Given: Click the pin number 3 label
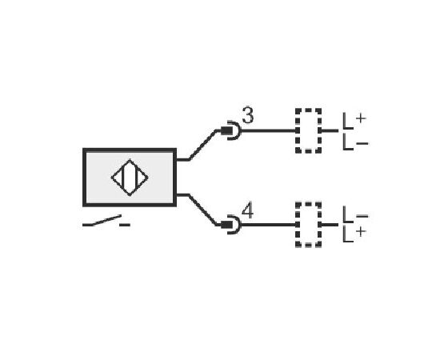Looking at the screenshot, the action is coord(248,115).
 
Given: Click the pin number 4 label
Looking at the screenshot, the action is coord(247,211).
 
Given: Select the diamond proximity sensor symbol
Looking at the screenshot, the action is coord(130,178).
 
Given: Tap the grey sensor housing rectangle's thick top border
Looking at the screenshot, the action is coord(130,150).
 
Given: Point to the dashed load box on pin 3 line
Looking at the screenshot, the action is coord(308,110).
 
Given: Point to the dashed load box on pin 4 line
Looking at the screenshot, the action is coord(308,204).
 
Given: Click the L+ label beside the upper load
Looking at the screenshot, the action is coord(354,122).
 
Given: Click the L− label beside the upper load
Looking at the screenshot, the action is coord(355,142).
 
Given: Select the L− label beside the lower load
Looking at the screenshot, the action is coord(355,214).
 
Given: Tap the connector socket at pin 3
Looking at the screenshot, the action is coord(231,130).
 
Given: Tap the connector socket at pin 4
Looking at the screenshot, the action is coord(231,225).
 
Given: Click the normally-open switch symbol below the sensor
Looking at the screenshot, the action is coord(106,222).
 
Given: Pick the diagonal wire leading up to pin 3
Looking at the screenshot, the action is coord(202,145).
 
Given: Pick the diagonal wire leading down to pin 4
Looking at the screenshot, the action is coord(202,210).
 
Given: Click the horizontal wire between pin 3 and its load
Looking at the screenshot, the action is coord(269,130).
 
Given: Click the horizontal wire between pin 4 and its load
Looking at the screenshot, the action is coord(269,225).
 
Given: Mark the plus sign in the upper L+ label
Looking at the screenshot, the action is coord(361,118).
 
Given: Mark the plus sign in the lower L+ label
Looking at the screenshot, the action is coord(361,231).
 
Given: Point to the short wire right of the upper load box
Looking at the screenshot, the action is coord(330,130).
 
